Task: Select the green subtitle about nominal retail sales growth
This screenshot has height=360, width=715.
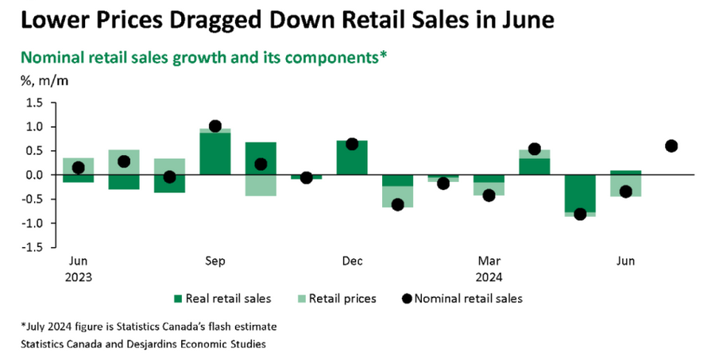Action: [203, 58]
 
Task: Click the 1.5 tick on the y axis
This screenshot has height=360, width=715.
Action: [35, 103]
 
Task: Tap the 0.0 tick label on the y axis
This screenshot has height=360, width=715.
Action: [35, 175]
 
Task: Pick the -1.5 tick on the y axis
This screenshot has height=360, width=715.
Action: [33, 247]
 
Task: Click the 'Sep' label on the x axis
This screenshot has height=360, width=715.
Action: [214, 261]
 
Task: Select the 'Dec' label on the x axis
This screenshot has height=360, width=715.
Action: [352, 261]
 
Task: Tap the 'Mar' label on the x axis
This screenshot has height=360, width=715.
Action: [489, 261]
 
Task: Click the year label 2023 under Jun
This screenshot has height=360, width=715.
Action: [78, 277]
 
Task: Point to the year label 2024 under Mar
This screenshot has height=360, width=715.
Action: [489, 277]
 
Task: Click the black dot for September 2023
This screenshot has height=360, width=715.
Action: [214, 126]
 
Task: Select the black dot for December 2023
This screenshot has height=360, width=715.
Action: [352, 144]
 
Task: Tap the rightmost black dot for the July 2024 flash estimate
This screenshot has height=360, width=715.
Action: [671, 145]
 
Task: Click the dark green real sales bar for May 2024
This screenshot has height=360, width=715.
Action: [580, 193]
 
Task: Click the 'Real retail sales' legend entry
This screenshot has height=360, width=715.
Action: [227, 299]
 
